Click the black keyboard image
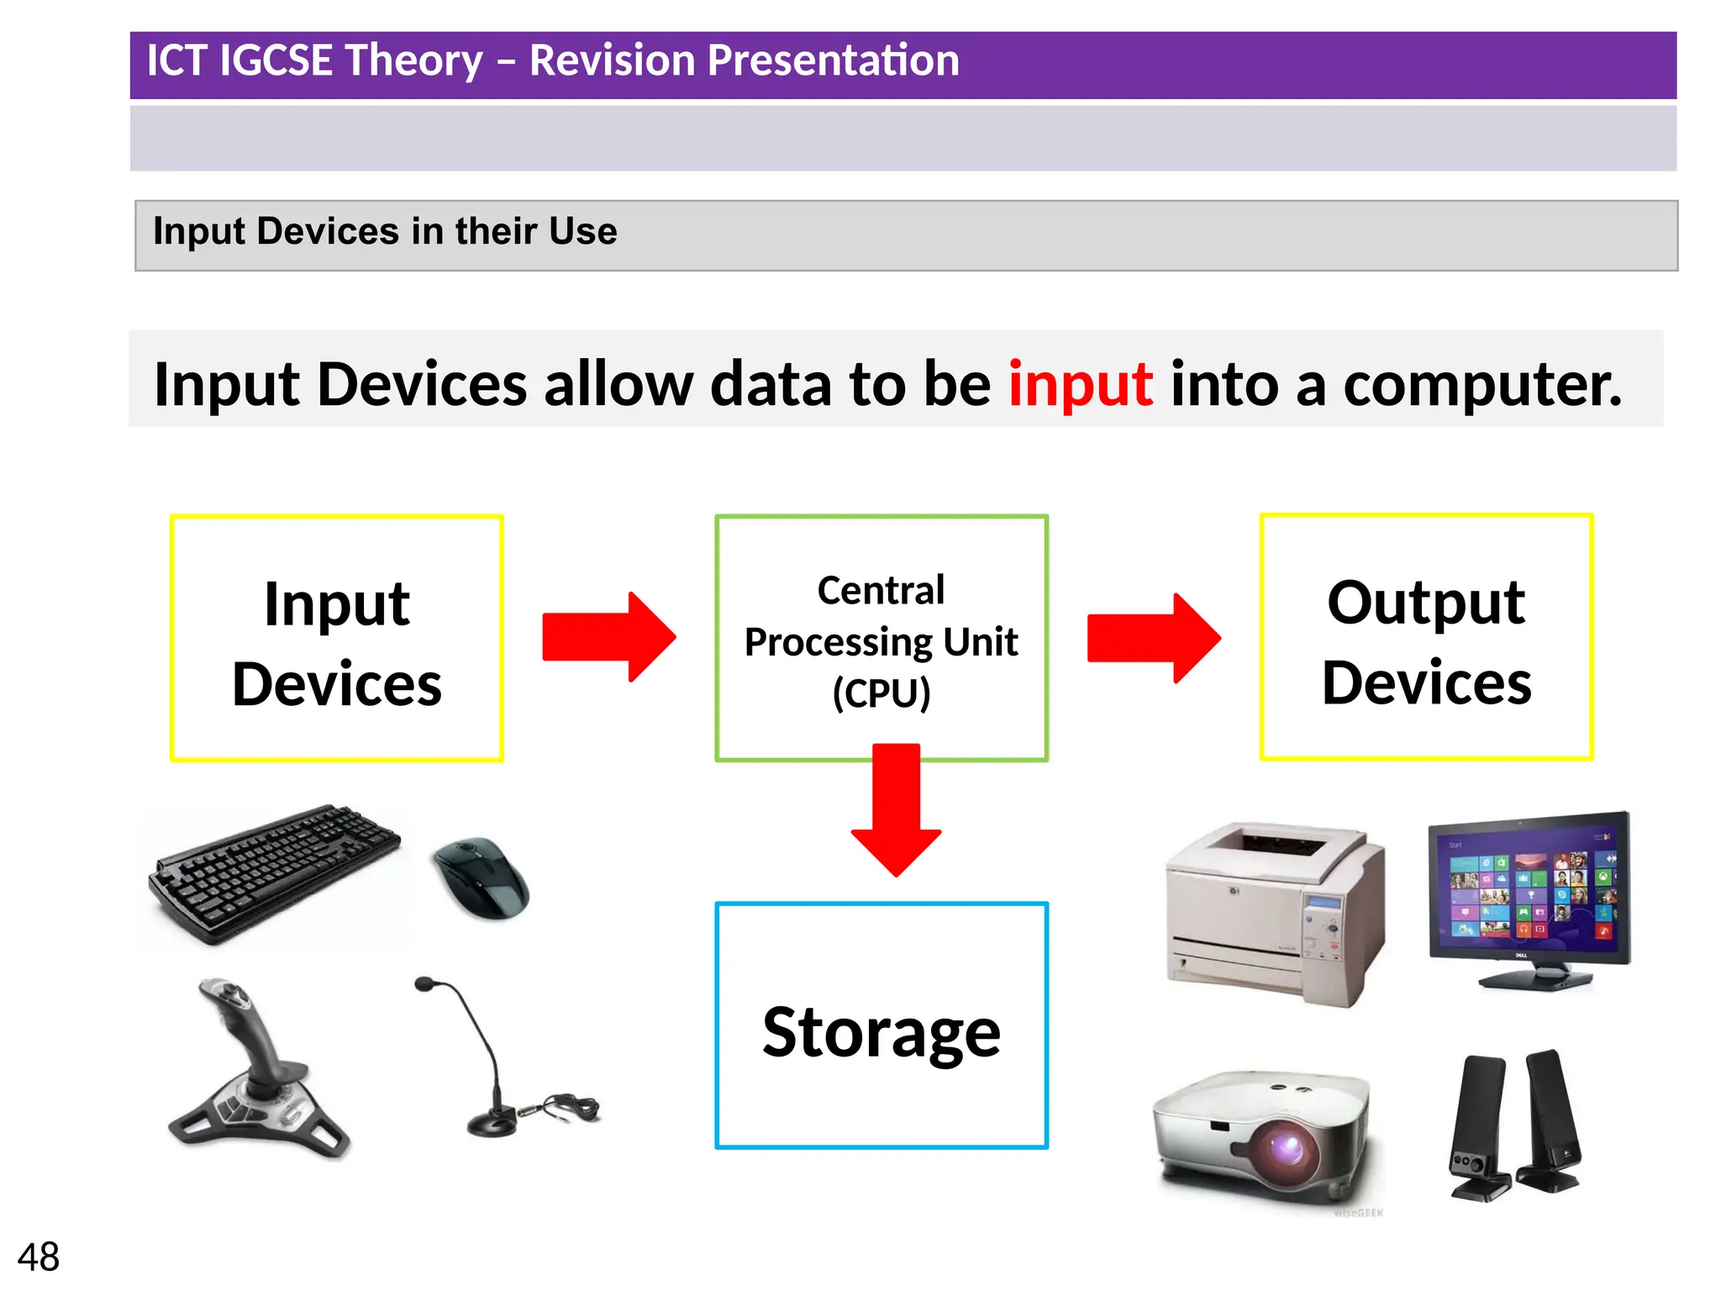point(273,874)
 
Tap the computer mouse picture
point(481,877)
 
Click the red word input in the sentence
point(1080,384)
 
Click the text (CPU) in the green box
point(881,693)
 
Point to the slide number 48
point(39,1257)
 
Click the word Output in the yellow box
point(1425,603)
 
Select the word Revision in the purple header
point(618,61)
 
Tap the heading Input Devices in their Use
point(385,231)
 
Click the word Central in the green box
point(881,590)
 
